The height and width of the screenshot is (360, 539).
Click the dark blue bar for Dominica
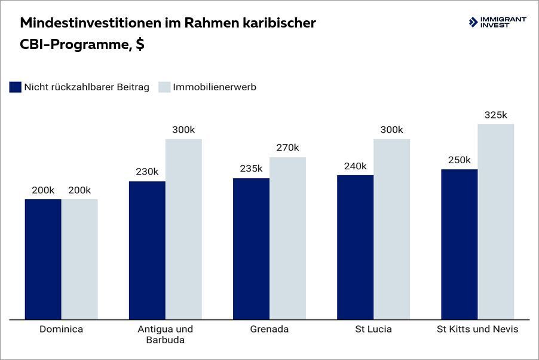(x=43, y=259)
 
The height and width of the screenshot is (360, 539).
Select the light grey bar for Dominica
(x=79, y=259)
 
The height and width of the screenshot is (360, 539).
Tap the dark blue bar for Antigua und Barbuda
(x=147, y=250)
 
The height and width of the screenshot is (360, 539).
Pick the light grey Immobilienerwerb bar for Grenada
(x=287, y=238)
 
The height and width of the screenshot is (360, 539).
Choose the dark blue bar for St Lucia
(x=355, y=247)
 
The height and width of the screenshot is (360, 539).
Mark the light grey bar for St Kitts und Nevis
(x=495, y=221)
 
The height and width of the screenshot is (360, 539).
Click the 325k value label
(x=495, y=115)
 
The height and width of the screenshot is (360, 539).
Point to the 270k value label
(x=287, y=148)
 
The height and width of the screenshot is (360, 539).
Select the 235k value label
(x=251, y=169)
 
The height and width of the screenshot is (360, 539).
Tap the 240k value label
(x=355, y=166)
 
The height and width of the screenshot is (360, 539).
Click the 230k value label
(x=147, y=172)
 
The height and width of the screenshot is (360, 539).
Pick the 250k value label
(x=459, y=160)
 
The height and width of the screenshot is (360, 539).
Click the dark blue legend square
(x=16, y=87)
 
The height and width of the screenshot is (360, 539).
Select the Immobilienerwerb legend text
(x=215, y=87)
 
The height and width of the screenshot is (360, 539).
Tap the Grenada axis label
(x=269, y=330)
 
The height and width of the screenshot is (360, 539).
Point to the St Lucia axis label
(x=373, y=330)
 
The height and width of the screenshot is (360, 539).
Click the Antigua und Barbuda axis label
(x=166, y=335)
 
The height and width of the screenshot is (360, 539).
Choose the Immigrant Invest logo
(x=497, y=23)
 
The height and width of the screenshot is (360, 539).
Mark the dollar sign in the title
(x=139, y=45)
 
